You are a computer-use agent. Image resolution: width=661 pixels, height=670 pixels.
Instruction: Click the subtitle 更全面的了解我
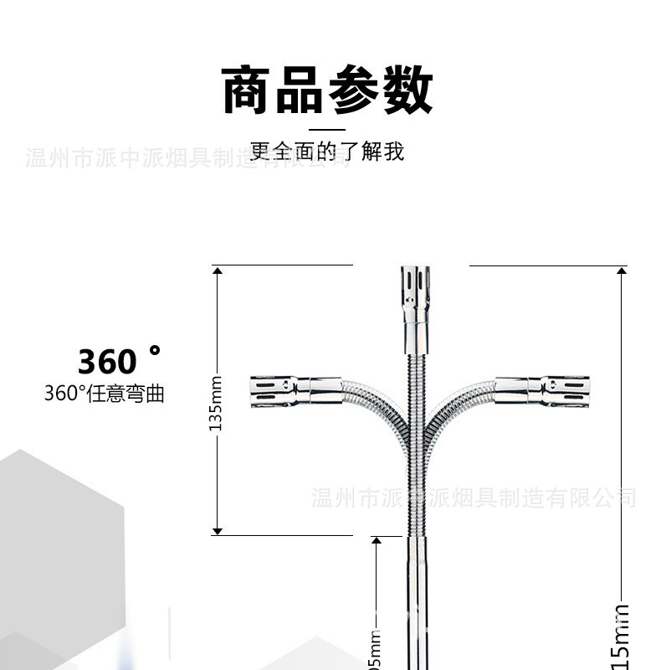[x=327, y=152]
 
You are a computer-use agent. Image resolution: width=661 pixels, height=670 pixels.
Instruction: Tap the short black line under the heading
[x=327, y=130]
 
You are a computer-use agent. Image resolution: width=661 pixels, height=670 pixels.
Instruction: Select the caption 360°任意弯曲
[x=104, y=394]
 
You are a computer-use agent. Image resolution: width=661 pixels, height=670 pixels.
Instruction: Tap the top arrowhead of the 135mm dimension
[x=217, y=271]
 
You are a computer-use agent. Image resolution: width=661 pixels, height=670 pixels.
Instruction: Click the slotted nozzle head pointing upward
[x=415, y=289]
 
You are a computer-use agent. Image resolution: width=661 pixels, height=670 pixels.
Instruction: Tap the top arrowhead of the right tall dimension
[x=621, y=271]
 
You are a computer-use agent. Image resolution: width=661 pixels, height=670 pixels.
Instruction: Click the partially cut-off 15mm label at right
[x=621, y=636]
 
